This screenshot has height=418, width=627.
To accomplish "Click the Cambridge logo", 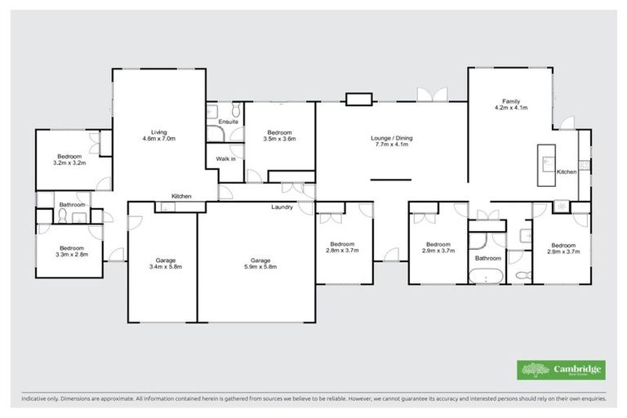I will click(561, 369).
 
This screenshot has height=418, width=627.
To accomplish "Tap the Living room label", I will click(158, 131).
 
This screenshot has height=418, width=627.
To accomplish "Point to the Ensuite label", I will click(229, 122).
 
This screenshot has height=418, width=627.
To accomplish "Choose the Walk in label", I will click(225, 158).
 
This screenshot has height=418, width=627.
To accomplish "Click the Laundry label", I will click(282, 207).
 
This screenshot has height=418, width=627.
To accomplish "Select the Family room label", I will click(511, 100).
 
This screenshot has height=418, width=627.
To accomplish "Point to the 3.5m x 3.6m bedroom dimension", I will click(279, 139).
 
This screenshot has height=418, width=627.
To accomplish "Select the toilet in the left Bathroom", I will click(63, 216).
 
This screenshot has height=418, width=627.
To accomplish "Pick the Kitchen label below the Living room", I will click(181, 196).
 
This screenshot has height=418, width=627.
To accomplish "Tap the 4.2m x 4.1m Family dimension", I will click(511, 107).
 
